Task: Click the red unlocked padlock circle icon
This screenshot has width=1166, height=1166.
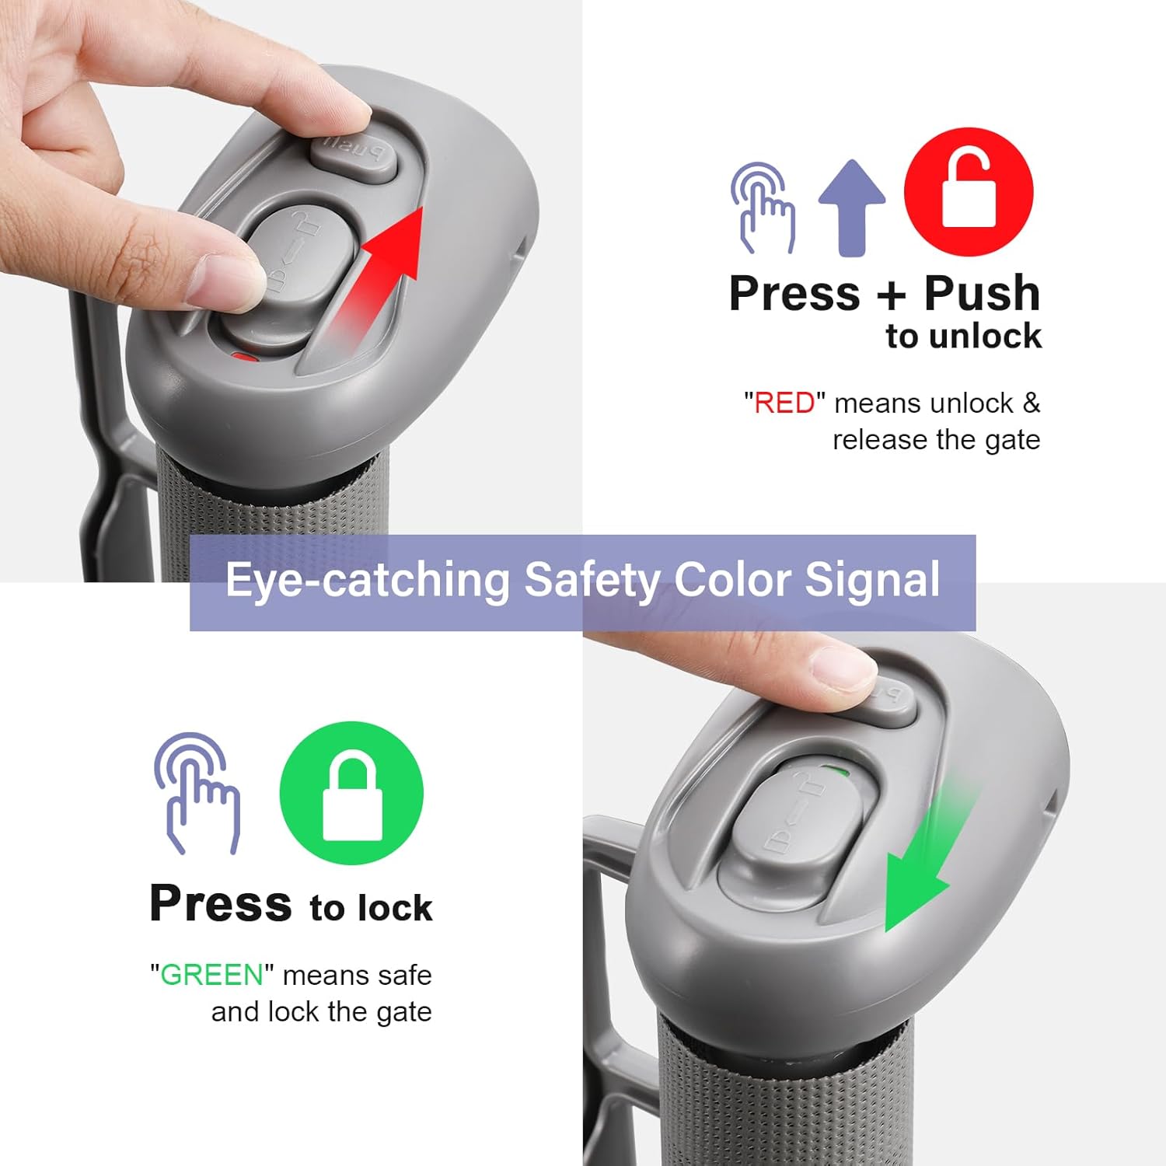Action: [969, 192]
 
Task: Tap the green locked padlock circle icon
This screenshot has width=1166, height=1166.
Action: [351, 793]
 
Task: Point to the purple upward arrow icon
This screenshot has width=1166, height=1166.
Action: [852, 208]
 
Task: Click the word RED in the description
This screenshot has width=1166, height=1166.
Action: [784, 403]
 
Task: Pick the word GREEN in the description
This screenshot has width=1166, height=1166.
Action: [211, 975]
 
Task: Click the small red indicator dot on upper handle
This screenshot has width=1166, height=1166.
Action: [246, 358]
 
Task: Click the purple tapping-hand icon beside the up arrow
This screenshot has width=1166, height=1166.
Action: [763, 208]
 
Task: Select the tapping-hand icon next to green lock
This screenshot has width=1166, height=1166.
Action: [197, 793]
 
